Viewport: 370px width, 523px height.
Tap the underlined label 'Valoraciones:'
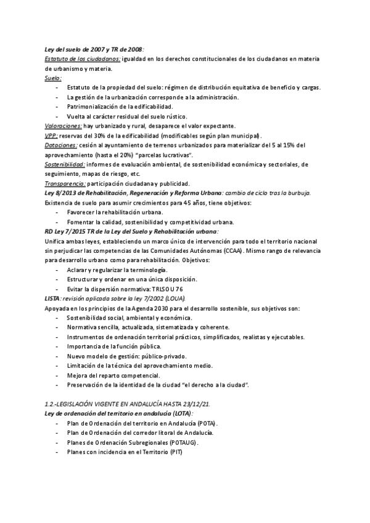click(x=64, y=125)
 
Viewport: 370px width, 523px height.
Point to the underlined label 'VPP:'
click(x=52, y=135)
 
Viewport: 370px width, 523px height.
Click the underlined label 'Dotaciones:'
click(x=61, y=145)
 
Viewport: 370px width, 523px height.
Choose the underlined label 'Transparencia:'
click(x=65, y=183)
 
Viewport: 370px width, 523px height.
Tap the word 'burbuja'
click(x=298, y=193)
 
